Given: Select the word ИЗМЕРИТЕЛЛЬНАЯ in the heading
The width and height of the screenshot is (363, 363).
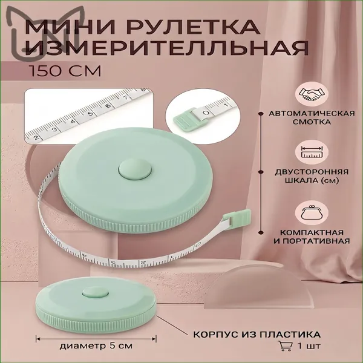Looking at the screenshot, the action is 167,48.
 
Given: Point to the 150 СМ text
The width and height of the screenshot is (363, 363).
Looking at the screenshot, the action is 65,71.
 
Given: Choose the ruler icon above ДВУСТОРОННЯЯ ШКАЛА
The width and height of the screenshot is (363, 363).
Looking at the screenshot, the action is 312,152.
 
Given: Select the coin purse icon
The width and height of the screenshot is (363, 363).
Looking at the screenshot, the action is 312,212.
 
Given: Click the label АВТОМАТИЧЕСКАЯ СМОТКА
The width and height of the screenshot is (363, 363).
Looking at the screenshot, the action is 312,117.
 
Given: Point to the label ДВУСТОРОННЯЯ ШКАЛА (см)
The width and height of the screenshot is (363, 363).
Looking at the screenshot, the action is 312,176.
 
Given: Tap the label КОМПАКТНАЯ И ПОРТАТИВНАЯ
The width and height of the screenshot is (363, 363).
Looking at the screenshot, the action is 312,237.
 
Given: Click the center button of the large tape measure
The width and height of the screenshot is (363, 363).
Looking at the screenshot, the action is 135,169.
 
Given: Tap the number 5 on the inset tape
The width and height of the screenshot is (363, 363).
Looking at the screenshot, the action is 90,113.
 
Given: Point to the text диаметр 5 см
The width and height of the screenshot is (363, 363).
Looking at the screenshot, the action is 96,346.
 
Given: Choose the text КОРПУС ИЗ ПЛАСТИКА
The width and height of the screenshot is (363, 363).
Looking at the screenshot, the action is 257,335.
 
